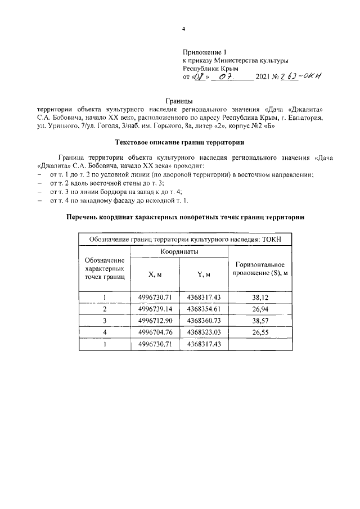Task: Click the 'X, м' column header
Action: (x=155, y=275)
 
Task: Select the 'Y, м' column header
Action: (x=204, y=275)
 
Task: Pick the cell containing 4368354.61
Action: (x=204, y=309)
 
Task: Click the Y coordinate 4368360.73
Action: (x=204, y=321)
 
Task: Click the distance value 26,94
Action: (x=260, y=309)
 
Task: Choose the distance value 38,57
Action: (x=260, y=321)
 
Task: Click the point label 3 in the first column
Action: (x=105, y=321)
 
